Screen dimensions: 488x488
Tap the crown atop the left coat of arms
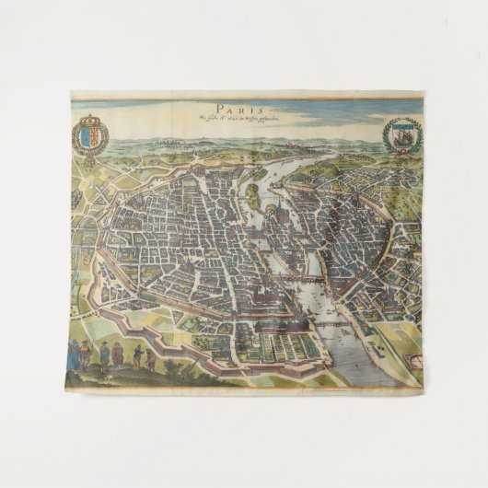click(x=89, y=117)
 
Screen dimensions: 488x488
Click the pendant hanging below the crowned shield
click(x=89, y=157)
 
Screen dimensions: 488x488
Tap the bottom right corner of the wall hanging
click(x=422, y=385)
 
